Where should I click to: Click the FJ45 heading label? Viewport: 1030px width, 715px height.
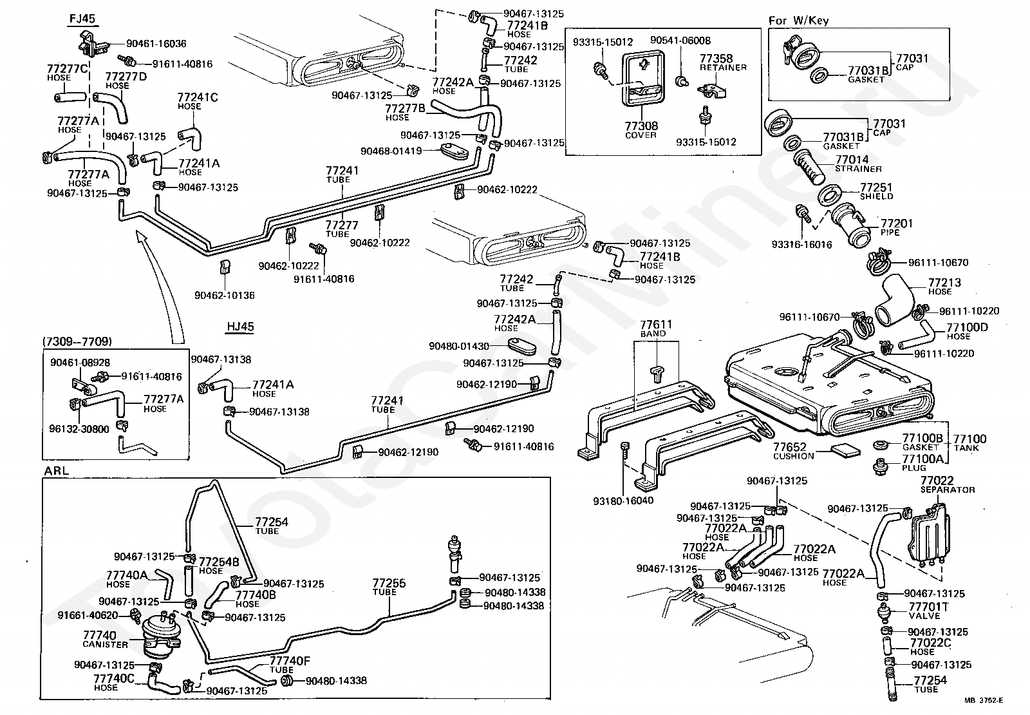(82, 18)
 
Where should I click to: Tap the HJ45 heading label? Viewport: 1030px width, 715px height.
(240, 327)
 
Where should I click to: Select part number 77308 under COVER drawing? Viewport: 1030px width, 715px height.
(641, 126)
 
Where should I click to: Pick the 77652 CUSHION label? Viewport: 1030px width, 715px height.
(793, 451)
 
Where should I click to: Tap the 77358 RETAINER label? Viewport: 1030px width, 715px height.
(723, 62)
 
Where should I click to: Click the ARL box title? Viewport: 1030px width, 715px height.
(56, 470)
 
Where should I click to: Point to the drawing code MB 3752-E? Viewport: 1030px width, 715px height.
(983, 701)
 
